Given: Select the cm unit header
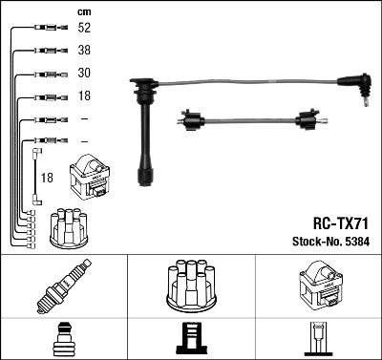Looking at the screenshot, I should click(x=81, y=11).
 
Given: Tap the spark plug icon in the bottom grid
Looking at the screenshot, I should click(x=63, y=286).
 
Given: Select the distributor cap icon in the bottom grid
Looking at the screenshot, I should click(x=191, y=285).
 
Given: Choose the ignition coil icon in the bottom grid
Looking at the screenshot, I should click(x=318, y=286).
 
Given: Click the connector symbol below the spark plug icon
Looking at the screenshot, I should click(x=63, y=338).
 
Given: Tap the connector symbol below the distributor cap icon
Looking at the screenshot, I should click(x=191, y=338).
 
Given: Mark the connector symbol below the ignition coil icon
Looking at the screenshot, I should click(x=318, y=338).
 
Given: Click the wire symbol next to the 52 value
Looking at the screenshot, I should click(x=44, y=29).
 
